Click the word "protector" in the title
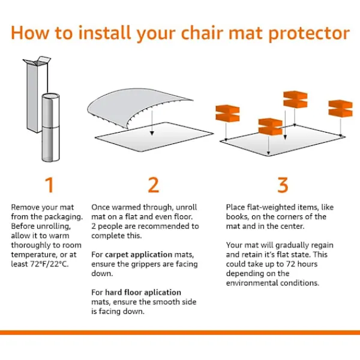click(x=309, y=34)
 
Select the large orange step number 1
click(x=49, y=185)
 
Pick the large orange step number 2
click(x=154, y=185)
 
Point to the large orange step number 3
click(x=283, y=185)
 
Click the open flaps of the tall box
click(x=37, y=60)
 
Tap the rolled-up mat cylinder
click(x=50, y=127)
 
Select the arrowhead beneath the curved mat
click(x=152, y=133)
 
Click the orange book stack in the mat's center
click(x=270, y=127)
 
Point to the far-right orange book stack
click(x=340, y=109)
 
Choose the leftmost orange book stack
click(x=227, y=113)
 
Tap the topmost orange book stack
click(x=295, y=100)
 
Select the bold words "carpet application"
click(x=139, y=255)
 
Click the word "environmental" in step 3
click(x=252, y=283)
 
